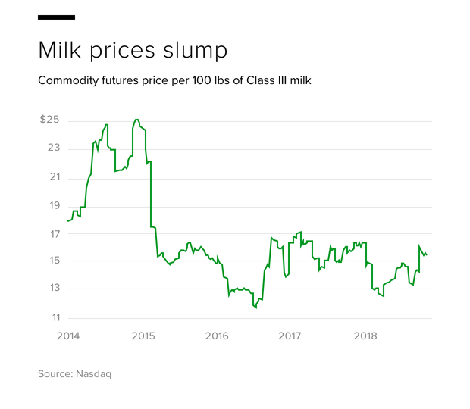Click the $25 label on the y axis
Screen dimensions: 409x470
pyautogui.click(x=49, y=120)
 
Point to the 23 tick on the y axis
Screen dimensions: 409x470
pyautogui.click(x=53, y=148)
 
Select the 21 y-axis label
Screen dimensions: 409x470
pyautogui.click(x=53, y=177)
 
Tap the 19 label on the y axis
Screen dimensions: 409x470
pyautogui.click(x=53, y=205)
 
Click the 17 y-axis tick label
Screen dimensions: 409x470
pyautogui.click(x=53, y=233)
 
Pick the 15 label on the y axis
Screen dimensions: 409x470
pyautogui.click(x=53, y=261)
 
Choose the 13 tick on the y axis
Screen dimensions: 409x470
pyautogui.click(x=53, y=289)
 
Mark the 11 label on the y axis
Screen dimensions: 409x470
pyautogui.click(x=53, y=317)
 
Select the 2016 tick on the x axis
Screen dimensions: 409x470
pyautogui.click(x=216, y=336)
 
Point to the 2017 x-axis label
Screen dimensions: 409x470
pyautogui.click(x=291, y=336)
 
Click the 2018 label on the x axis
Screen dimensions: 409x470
pyautogui.click(x=365, y=336)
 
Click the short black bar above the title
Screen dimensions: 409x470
pyautogui.click(x=56, y=17)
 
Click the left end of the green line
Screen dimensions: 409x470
pyautogui.click(x=67, y=220)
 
